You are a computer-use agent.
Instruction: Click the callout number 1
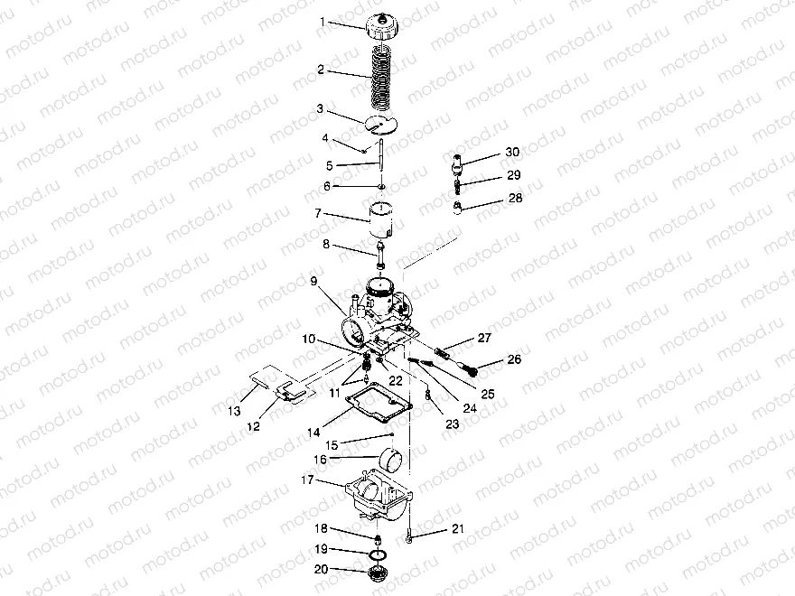[323, 22]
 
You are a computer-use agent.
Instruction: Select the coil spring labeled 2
[383, 78]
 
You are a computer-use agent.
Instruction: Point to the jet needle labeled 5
[379, 162]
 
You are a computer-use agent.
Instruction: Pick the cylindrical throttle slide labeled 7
[382, 188]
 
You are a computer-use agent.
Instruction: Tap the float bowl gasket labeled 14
[314, 281]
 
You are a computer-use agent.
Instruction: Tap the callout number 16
[321, 460]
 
